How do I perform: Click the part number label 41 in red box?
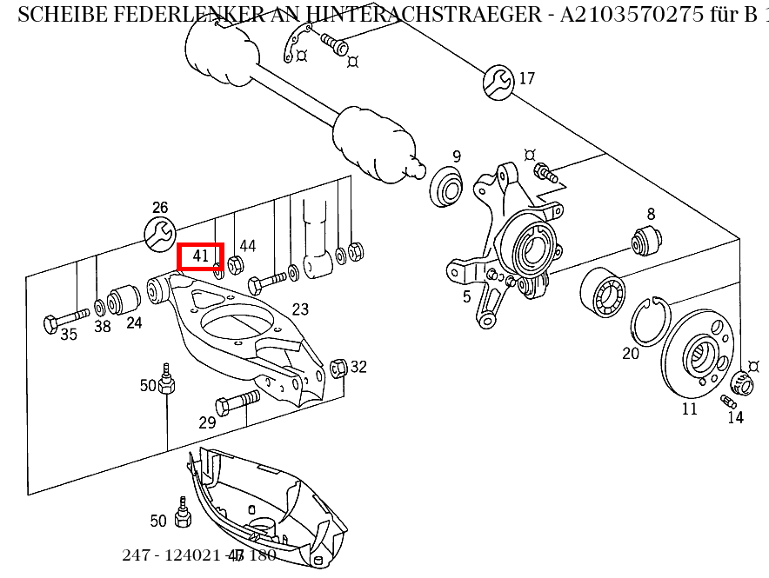pos(201,256)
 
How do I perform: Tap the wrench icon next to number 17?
pos(498,81)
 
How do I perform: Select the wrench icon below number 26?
pos(159,233)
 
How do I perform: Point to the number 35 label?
pos(69,335)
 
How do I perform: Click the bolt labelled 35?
pos(65,319)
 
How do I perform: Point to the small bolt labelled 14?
pos(729,401)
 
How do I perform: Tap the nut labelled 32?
pos(340,368)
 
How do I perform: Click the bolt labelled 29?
pos(236,402)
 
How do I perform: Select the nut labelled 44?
pos(234,264)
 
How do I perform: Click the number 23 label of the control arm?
pos(300,309)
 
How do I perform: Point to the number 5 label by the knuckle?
pos(466,297)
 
